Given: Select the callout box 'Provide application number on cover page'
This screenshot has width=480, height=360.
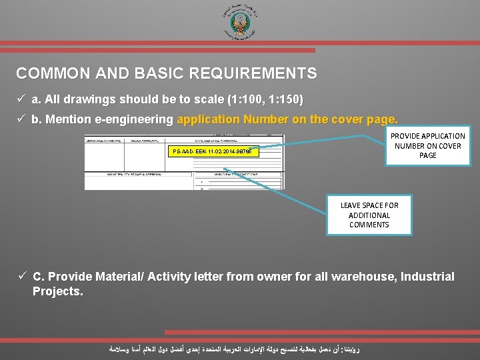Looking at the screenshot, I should [x=427, y=145].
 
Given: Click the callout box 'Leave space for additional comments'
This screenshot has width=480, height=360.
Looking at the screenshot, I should [x=369, y=215].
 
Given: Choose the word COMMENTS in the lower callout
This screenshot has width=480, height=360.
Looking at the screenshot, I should [x=369, y=225].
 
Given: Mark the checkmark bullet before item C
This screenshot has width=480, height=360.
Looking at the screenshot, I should [x=21, y=277].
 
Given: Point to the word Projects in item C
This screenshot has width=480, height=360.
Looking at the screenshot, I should [x=56, y=291].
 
